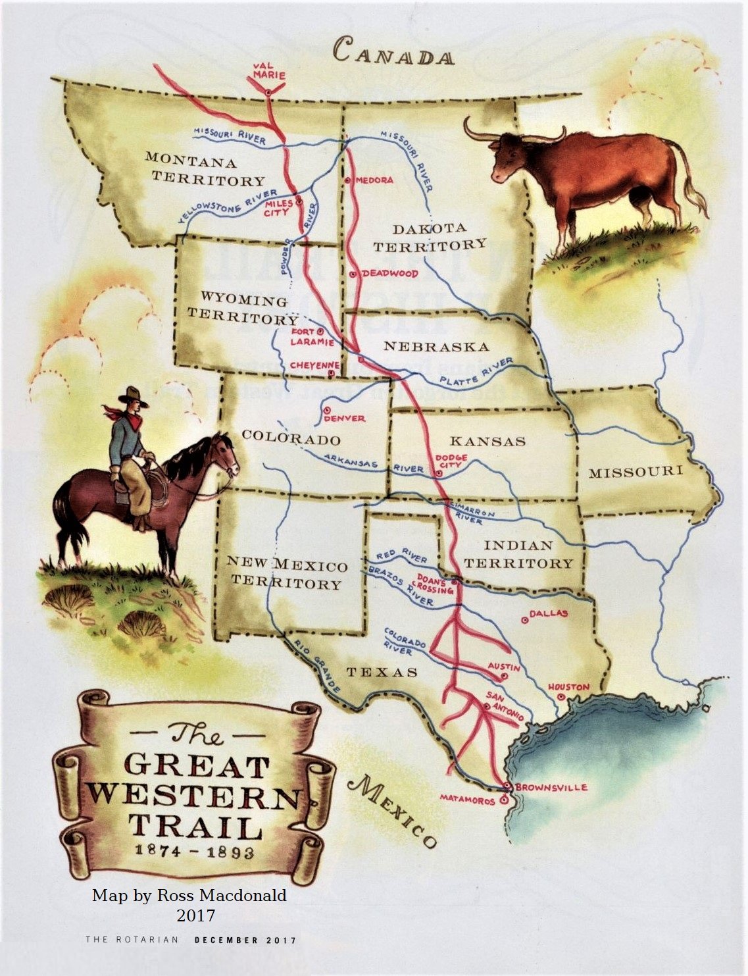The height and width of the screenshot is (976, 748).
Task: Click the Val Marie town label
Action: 270,71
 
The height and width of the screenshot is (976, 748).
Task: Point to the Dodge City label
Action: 451,461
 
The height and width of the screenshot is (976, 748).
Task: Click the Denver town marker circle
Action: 326,409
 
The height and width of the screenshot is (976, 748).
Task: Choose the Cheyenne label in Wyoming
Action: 315,365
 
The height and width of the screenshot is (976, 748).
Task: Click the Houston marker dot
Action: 560,696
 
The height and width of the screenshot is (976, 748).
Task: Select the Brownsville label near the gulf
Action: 551,787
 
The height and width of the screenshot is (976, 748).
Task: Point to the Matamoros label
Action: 468,801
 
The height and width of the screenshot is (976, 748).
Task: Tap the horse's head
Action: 224,454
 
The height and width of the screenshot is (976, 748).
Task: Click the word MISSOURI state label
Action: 636,472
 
